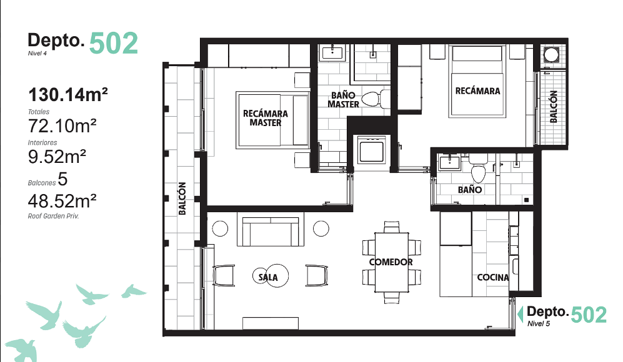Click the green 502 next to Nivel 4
coord(114,43)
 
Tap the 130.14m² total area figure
coord(68,94)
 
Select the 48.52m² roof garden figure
coord(62,201)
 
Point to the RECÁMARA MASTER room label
coord(266,119)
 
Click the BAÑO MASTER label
coord(343,100)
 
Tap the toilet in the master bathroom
coord(376,99)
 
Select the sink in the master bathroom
coord(332,52)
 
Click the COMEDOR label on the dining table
coord(391,262)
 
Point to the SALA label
coord(268,277)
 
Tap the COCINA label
coord(492,278)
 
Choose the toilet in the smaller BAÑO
coord(478,167)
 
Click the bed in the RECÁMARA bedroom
coord(477,81)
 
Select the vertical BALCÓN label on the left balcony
coord(182,198)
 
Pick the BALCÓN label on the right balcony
coord(554,106)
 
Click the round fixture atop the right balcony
coord(551,55)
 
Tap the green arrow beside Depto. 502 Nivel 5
coord(520,315)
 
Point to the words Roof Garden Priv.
coord(53,217)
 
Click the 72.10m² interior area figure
coord(62,126)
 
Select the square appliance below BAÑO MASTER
coord(372,150)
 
